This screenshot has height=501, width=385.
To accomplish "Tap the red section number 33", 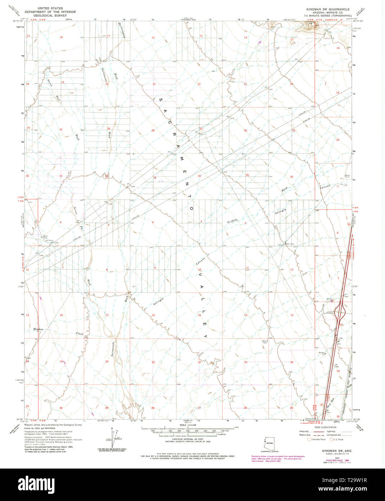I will click(x=155, y=178).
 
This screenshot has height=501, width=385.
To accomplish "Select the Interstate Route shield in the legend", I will click(x=309, y=439).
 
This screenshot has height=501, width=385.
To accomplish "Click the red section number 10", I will click(x=199, y=270).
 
